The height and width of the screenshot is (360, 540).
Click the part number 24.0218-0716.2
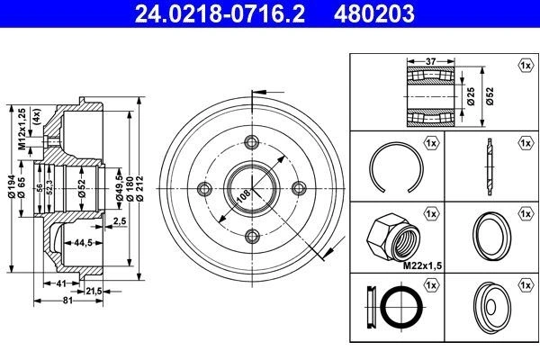(220, 13)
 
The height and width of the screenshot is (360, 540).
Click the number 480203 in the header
(374, 13)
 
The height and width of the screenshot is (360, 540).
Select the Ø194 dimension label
(12, 186)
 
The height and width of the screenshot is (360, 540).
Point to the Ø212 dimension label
(139, 188)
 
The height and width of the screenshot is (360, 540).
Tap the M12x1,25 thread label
(22, 129)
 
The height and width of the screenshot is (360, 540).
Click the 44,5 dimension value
(83, 243)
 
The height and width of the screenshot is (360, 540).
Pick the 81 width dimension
(67, 301)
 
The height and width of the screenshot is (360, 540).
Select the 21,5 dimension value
(94, 292)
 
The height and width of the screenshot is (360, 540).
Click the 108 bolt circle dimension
(244, 196)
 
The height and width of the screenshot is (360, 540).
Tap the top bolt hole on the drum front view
(252, 141)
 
